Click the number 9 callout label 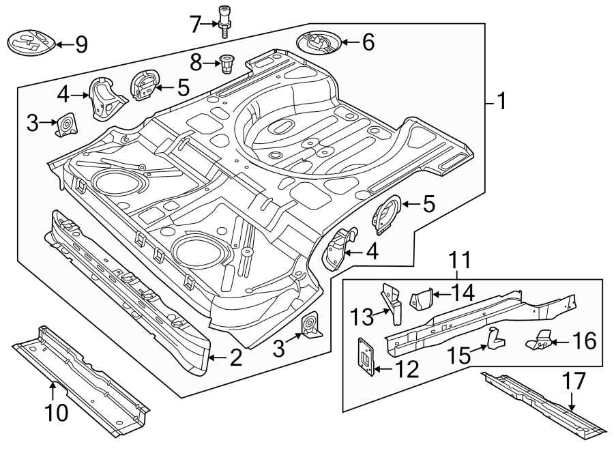tap(81, 45)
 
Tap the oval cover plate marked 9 tap(30, 43)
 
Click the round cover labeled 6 tap(319, 44)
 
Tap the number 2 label tap(235, 358)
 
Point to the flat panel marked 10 tap(82, 379)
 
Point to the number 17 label tap(575, 381)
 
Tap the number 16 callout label tap(584, 340)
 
